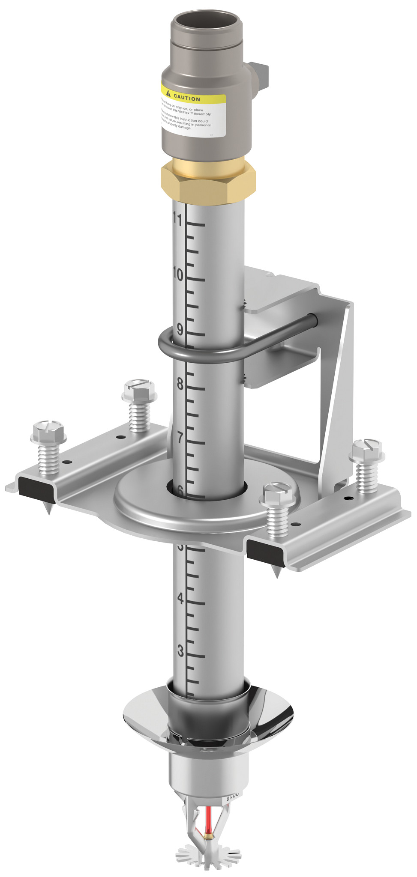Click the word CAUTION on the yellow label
point(187,98)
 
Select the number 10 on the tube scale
point(178,274)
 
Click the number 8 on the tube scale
point(180,384)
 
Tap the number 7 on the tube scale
point(180,438)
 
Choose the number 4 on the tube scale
point(180,598)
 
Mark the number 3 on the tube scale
point(180,651)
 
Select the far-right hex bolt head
point(366,447)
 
